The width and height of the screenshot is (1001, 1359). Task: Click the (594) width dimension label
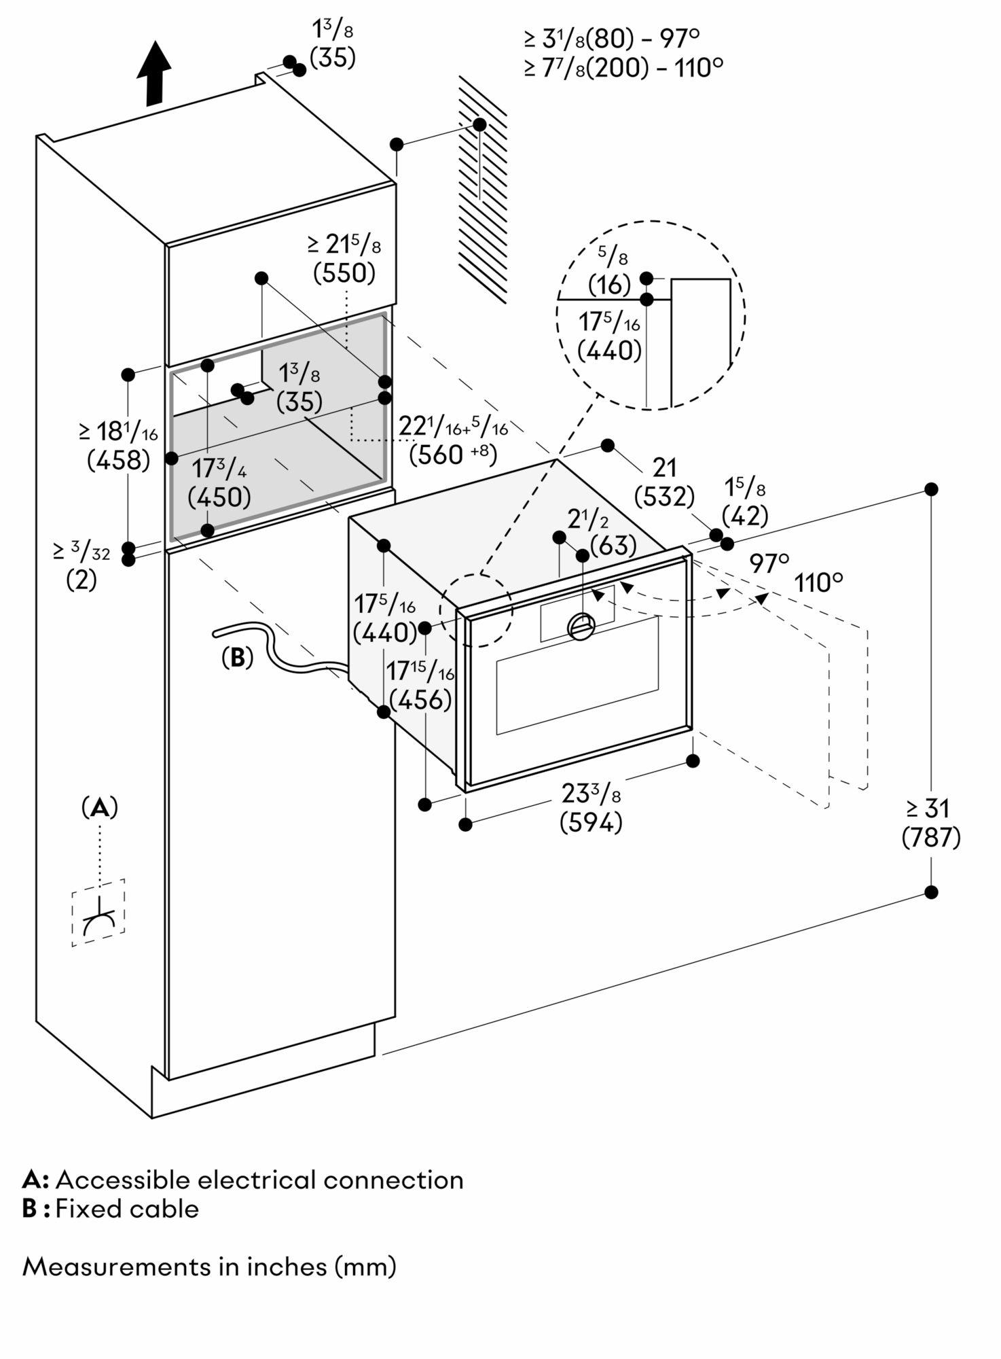590,823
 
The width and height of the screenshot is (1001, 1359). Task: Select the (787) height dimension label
930,838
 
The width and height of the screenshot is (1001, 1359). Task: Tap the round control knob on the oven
581,625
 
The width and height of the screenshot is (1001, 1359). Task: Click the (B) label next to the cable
237,657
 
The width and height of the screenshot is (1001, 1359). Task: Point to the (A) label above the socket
100,807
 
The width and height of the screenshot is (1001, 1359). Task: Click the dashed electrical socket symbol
99,913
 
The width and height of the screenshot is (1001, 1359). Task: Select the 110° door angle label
818,583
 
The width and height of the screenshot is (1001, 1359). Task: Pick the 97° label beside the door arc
769,563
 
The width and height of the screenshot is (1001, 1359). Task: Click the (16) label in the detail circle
609,284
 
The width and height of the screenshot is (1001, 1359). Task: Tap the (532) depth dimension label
663,497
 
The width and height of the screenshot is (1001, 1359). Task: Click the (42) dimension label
744,516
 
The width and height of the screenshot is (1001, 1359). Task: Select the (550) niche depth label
344,272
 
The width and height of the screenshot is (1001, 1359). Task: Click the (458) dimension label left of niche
118,460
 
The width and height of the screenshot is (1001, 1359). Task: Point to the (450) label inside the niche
219,497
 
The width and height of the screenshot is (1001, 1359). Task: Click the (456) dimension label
420,699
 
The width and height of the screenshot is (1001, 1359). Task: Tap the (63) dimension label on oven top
613,545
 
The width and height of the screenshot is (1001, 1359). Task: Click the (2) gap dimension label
81,580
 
